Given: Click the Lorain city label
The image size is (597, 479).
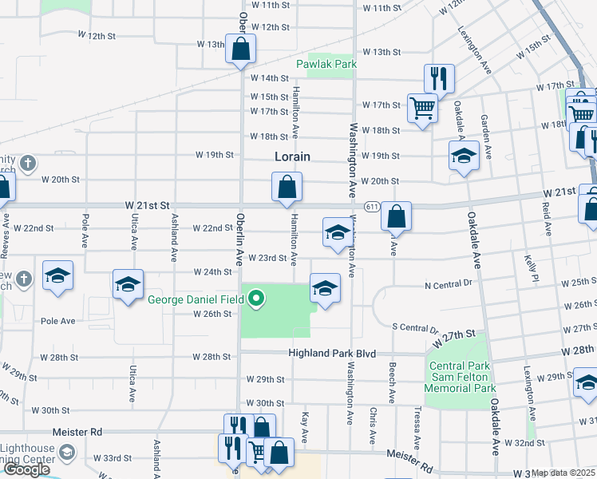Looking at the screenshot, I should click(x=292, y=157).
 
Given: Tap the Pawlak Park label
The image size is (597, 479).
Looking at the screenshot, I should click(x=325, y=63).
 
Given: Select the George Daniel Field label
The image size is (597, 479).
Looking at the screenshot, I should click(x=197, y=300).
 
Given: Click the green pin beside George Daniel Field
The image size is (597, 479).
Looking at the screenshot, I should click(x=256, y=300).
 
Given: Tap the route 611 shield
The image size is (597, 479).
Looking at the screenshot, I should click(x=373, y=206).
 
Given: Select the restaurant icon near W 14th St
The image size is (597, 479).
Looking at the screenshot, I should click(x=439, y=78).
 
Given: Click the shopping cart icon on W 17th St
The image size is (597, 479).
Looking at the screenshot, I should click(x=421, y=108).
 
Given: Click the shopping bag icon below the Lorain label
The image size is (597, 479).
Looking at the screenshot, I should click(x=287, y=188).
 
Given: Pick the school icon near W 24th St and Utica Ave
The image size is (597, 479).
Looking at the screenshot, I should click(x=128, y=285).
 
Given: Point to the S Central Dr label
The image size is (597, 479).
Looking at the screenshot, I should click(x=416, y=327).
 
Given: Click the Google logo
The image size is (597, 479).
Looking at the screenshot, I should click(x=26, y=469).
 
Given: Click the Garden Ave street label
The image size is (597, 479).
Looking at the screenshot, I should click(x=484, y=133).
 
